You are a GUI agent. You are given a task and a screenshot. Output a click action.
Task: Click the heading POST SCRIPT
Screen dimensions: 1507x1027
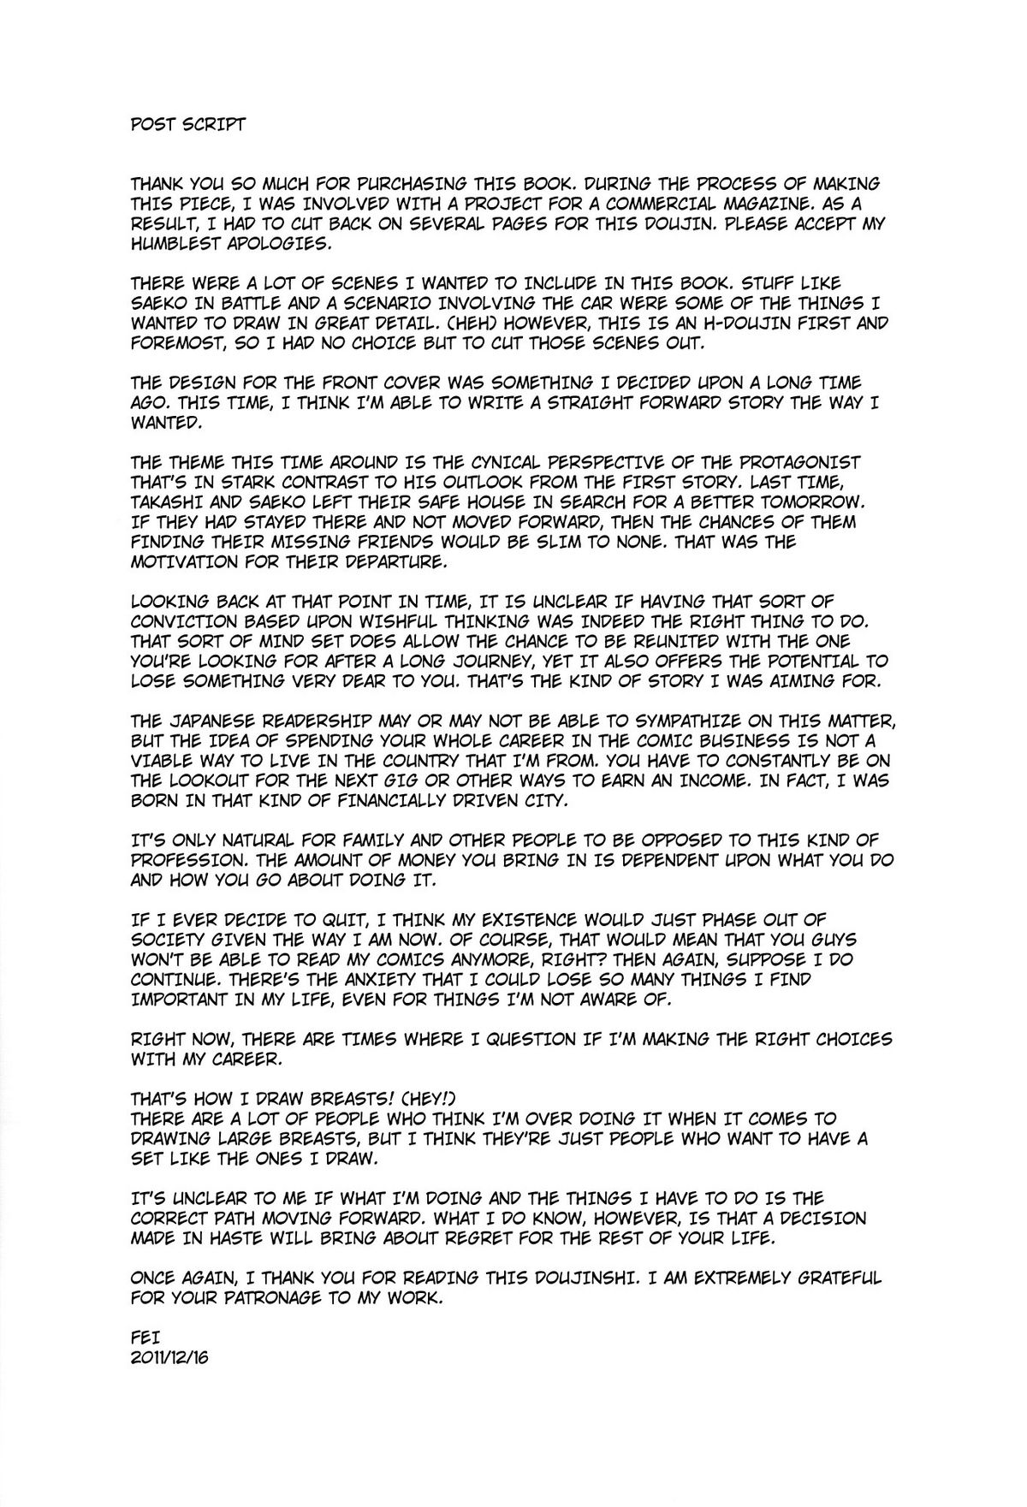(187, 124)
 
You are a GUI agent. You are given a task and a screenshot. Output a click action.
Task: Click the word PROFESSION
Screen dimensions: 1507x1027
(188, 860)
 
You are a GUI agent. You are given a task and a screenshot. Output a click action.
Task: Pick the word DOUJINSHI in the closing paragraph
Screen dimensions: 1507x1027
(562, 1278)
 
